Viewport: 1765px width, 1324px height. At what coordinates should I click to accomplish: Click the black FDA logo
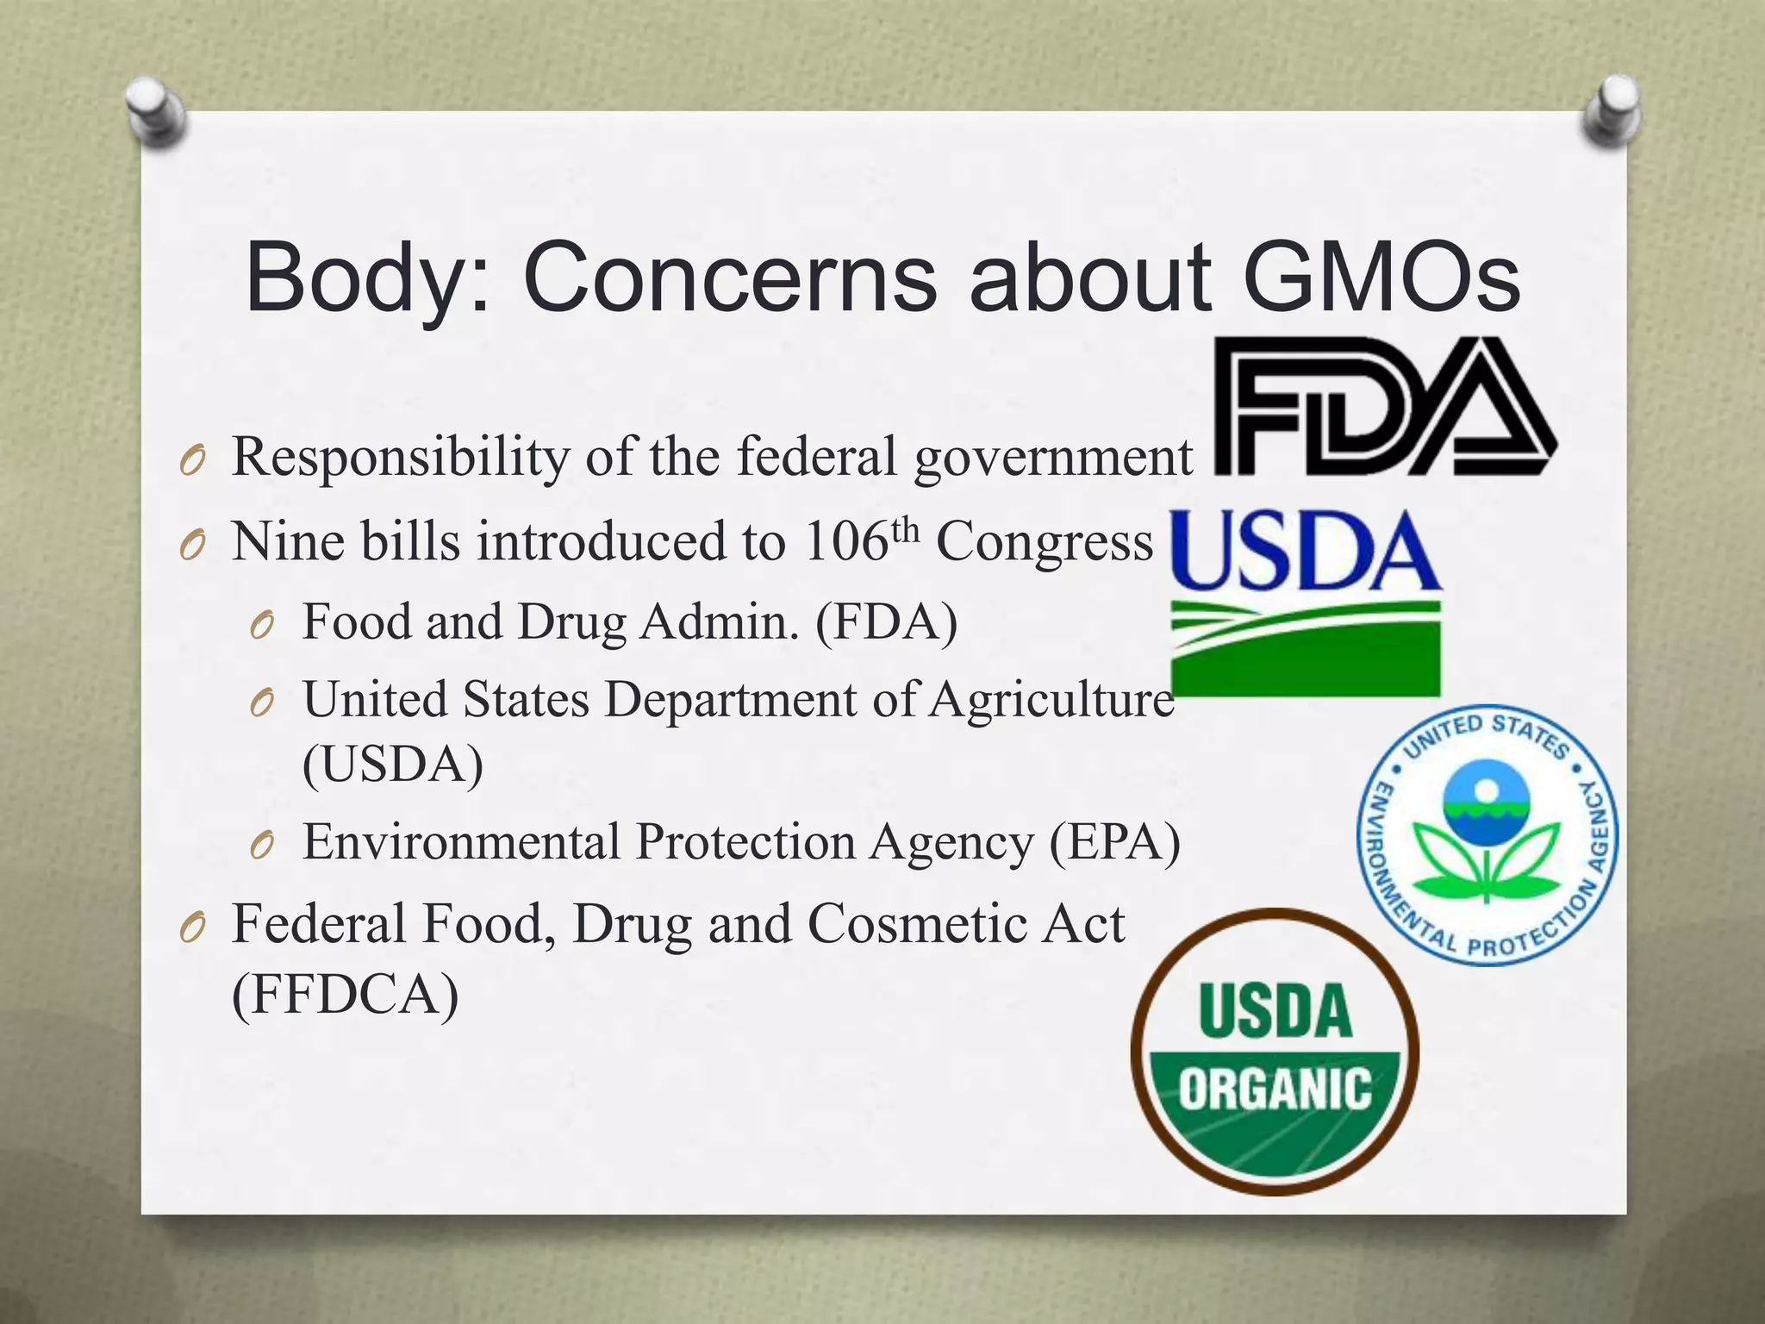tap(1384, 407)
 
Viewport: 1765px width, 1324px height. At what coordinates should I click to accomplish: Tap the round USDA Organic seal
tap(1275, 1052)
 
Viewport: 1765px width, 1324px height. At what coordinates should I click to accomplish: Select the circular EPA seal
tap(1487, 835)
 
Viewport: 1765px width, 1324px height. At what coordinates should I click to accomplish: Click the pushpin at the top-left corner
tap(155, 112)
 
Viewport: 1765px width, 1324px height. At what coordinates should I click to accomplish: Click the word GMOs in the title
tap(1381, 278)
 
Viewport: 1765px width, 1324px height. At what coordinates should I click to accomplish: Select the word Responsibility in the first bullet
tap(400, 457)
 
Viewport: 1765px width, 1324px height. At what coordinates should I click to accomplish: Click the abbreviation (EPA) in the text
tap(1114, 842)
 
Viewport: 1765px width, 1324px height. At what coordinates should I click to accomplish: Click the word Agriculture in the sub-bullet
tap(1052, 699)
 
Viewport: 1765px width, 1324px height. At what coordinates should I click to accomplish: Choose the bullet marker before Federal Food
tap(193, 927)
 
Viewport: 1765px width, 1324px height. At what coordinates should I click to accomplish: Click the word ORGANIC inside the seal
tap(1275, 1089)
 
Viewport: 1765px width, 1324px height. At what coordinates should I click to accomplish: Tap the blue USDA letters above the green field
tap(1303, 552)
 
